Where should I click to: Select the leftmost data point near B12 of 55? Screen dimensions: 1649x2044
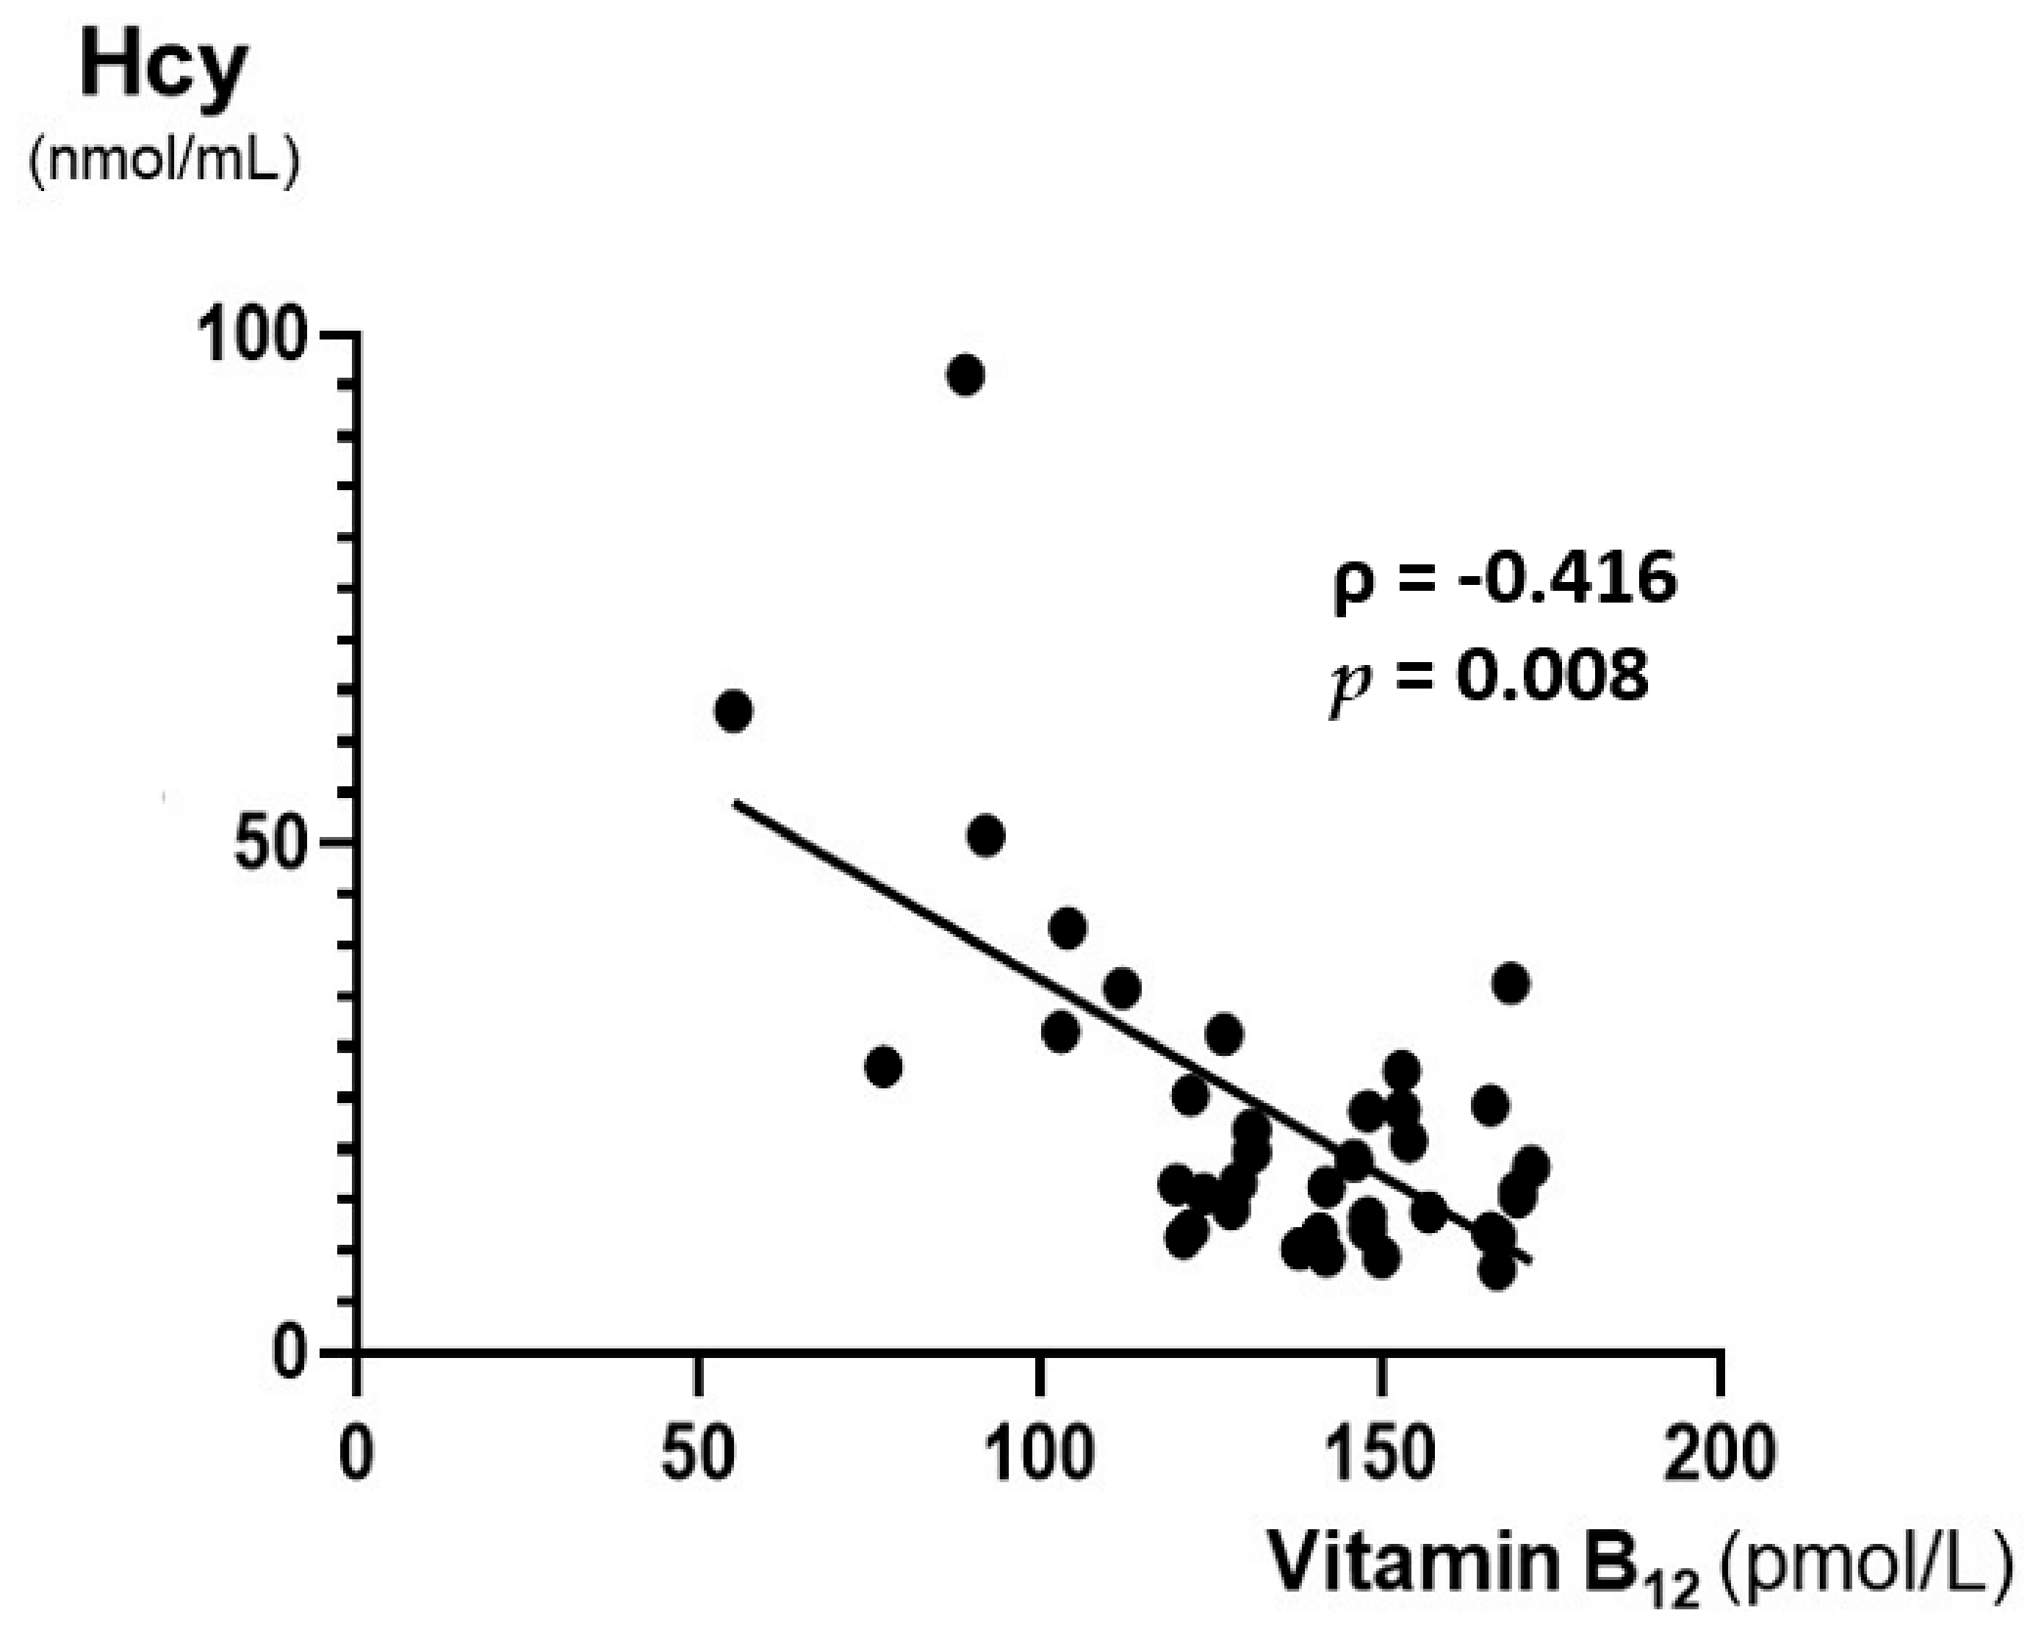733,711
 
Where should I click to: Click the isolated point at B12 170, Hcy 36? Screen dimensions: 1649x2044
1511,983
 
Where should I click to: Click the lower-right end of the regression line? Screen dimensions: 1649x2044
1529,1262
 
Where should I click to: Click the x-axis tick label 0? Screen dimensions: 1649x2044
356,1454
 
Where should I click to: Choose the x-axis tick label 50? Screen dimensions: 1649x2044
698,1454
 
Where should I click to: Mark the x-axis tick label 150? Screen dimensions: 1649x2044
1380,1454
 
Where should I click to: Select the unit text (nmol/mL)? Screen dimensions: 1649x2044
163,162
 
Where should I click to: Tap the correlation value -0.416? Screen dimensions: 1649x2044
1567,580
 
